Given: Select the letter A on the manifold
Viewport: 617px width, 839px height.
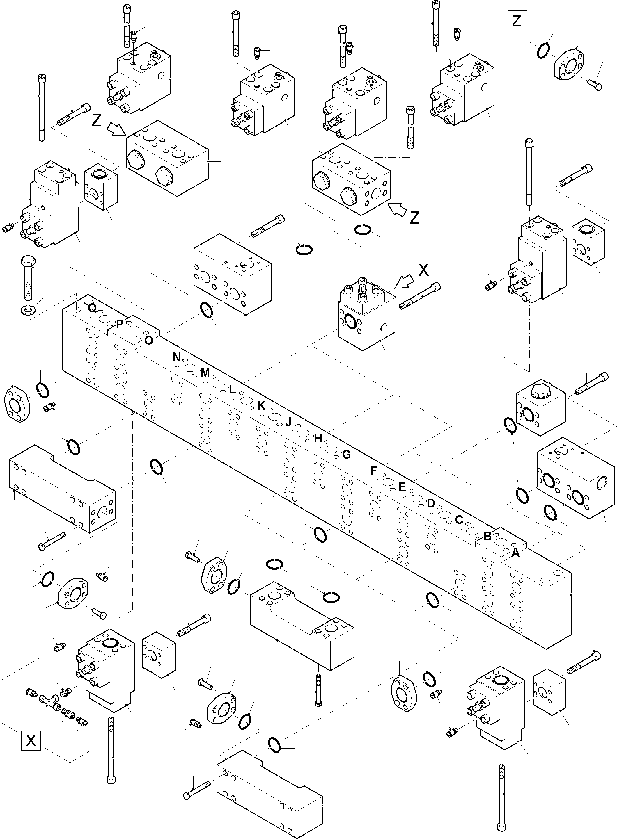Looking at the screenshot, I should point(515,553).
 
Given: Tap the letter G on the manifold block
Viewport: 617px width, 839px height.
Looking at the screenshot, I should point(346,454).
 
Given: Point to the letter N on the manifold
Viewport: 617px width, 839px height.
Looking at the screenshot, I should point(176,357).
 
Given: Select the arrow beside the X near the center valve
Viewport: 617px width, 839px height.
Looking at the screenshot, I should point(404,282).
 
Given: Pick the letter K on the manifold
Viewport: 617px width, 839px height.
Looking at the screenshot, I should point(261,405).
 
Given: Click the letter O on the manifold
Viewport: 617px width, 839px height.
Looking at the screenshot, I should point(148,340).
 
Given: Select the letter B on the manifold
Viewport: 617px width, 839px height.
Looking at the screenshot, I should point(487,537).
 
